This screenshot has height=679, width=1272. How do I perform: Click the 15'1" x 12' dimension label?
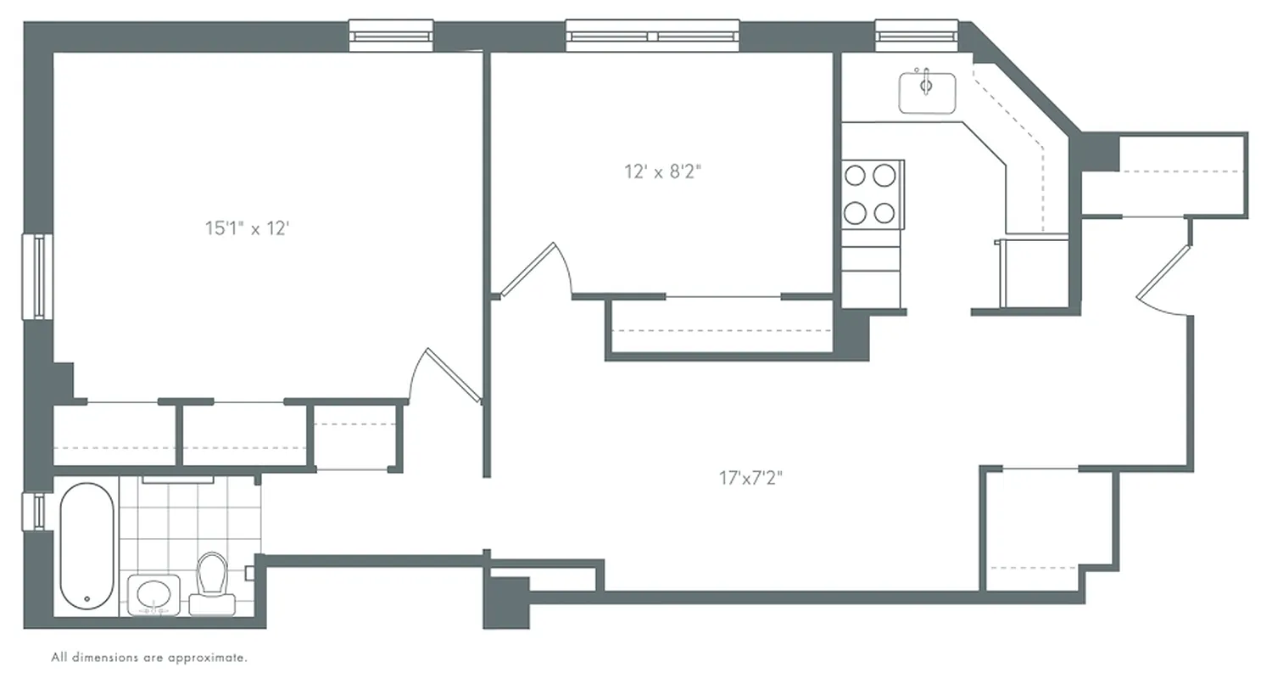tap(248, 228)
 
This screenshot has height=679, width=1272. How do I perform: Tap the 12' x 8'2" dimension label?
tap(662, 172)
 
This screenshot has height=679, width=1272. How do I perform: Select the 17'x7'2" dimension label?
tap(750, 478)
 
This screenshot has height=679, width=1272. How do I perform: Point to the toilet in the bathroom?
tap(211, 581)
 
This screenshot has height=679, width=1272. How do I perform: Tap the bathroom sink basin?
tap(153, 592)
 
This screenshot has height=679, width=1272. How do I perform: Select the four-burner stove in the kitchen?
tap(871, 194)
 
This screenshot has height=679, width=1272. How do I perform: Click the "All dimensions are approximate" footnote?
tap(149, 657)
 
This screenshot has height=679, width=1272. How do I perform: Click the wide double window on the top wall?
tap(652, 36)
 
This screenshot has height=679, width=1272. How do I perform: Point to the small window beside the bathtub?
tap(38, 510)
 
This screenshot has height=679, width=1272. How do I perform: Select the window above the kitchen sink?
tap(916, 36)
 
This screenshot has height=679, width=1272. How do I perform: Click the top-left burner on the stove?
tap(856, 176)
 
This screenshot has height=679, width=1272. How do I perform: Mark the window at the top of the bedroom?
tap(391, 36)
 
